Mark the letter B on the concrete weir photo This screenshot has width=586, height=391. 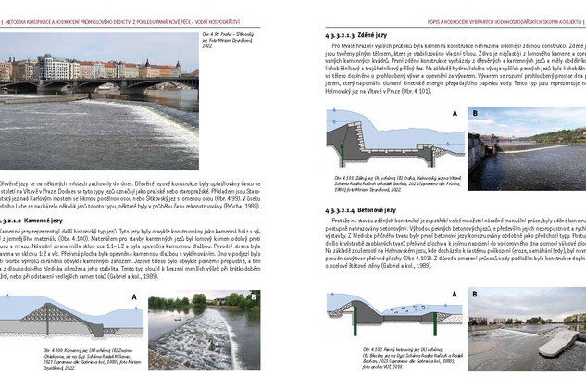coord(476,293)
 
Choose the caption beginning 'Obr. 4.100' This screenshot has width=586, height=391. coord(84,357)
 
